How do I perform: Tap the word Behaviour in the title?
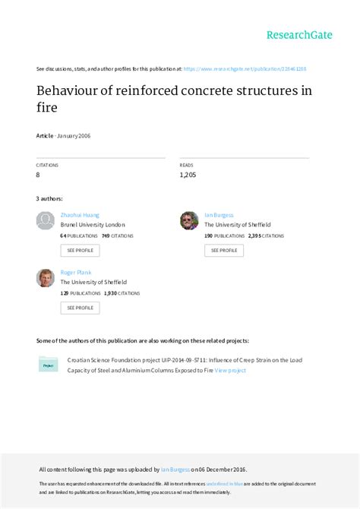[x=71, y=92]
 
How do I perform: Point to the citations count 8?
[x=39, y=175]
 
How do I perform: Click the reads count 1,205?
[x=189, y=175]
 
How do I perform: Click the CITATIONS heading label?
[x=47, y=165]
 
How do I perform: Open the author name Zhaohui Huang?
[x=80, y=215]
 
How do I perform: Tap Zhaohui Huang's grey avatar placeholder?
[x=46, y=221]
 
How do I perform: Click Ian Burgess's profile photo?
[x=189, y=221]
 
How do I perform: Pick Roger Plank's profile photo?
[x=46, y=277]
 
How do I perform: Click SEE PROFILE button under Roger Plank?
[x=80, y=308]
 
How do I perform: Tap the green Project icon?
[x=48, y=365]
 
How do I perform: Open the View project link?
[x=230, y=371]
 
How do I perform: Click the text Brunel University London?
[x=93, y=225]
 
